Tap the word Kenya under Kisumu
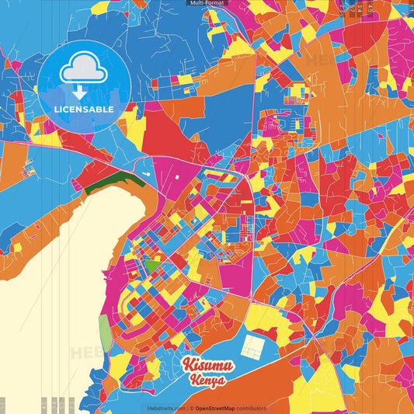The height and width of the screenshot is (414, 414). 206,381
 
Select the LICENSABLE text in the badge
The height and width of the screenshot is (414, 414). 83,108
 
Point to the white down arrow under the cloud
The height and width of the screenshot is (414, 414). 79,92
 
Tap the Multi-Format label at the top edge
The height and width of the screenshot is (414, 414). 207,3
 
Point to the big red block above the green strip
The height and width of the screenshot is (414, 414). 167,128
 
